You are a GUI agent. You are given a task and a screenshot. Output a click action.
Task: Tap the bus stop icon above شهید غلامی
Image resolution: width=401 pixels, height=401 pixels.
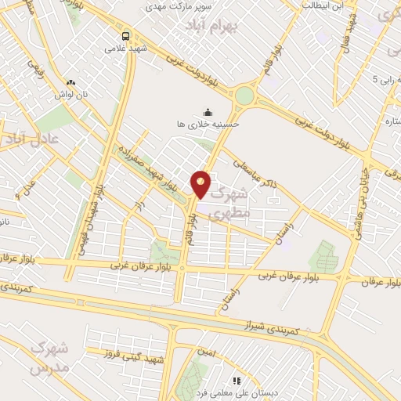coord(125,35)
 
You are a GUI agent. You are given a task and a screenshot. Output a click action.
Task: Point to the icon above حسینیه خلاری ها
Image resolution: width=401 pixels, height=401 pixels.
coord(208,111)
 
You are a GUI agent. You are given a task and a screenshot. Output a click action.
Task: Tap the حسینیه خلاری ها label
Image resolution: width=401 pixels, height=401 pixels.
coord(208,124)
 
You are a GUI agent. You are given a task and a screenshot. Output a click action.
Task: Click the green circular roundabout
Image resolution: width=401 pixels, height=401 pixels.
coord(245,96)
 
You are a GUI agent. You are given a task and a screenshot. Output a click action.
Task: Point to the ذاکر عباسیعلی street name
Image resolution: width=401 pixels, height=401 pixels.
coord(258,171)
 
